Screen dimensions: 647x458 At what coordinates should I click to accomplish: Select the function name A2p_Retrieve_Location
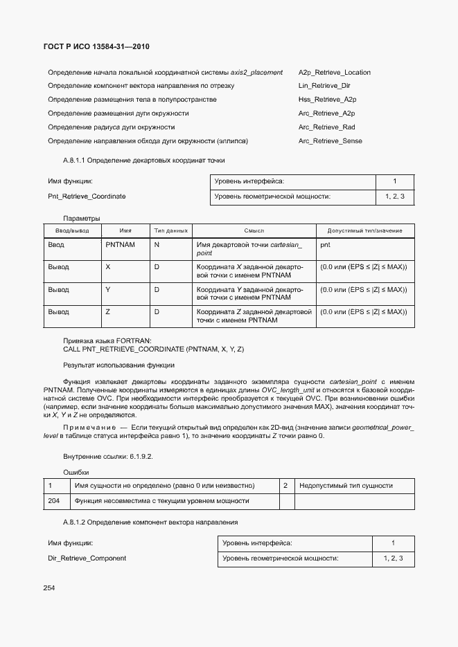[334, 72]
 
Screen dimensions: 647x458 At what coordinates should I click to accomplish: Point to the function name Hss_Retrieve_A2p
[327, 100]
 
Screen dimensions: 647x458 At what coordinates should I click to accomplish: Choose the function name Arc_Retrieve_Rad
[326, 127]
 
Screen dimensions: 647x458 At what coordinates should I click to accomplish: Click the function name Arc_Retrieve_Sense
[330, 141]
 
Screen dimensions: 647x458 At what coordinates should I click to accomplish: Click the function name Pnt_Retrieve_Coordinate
[87, 197]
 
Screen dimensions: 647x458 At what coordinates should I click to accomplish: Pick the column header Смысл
[254, 230]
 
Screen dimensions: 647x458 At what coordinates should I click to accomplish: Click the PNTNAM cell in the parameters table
[120, 245]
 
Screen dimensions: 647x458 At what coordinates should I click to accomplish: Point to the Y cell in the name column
[108, 289]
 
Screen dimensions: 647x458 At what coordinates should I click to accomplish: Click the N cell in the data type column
[157, 245]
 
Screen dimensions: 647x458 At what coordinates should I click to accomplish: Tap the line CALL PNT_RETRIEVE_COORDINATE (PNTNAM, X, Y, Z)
[153, 349]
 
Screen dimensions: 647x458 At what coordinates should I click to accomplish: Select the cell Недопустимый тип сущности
[346, 486]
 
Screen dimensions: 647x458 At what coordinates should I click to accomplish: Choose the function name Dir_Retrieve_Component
[87, 558]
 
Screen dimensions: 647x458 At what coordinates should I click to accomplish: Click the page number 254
[50, 587]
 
